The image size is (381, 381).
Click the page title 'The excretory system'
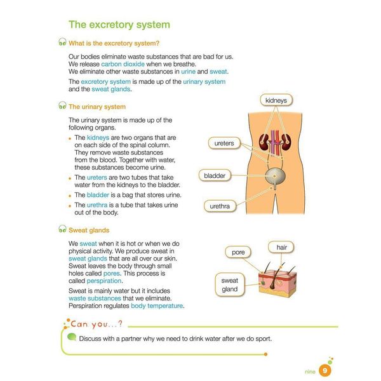pyautogui.click(x=119, y=25)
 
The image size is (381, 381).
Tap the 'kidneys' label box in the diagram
pyautogui.click(x=276, y=100)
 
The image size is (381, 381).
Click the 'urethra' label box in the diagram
pyautogui.click(x=220, y=206)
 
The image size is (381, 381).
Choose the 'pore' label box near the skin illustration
pyautogui.click(x=238, y=252)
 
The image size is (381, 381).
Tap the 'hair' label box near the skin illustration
pyautogui.click(x=281, y=246)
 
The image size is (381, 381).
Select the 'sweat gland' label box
pyautogui.click(x=229, y=284)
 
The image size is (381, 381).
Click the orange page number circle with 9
pyautogui.click(x=324, y=371)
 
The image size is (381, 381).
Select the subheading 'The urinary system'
pyautogui.click(x=97, y=107)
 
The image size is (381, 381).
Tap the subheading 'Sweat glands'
pyautogui.click(x=88, y=230)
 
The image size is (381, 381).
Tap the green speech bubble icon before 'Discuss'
pyautogui.click(x=72, y=338)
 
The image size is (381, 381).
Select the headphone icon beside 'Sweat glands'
pyautogui.click(x=62, y=230)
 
